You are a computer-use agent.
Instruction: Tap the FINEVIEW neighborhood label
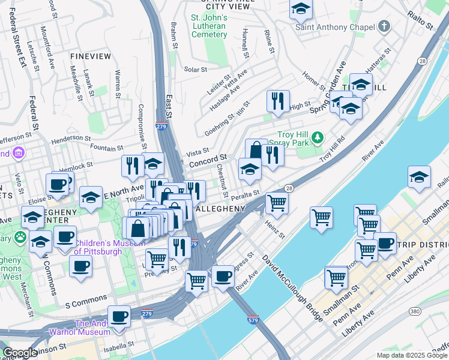(91, 56)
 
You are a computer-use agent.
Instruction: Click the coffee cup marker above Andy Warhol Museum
(119, 316)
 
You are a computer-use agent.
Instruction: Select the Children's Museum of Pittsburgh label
(98, 247)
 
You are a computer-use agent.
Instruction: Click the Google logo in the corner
(20, 353)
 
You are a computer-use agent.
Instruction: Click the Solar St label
(195, 70)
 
